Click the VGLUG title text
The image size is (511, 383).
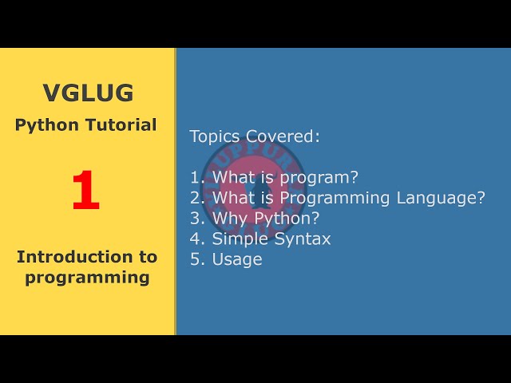tap(88, 93)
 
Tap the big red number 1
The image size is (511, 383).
tap(85, 192)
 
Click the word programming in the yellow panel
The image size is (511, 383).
tap(87, 278)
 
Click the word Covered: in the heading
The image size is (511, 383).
tap(283, 136)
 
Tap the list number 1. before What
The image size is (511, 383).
tap(197, 177)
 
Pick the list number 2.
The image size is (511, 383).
tap(197, 198)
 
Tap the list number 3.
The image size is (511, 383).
tap(197, 218)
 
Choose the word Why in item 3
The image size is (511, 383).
tap(228, 219)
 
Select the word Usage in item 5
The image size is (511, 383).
tap(236, 259)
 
